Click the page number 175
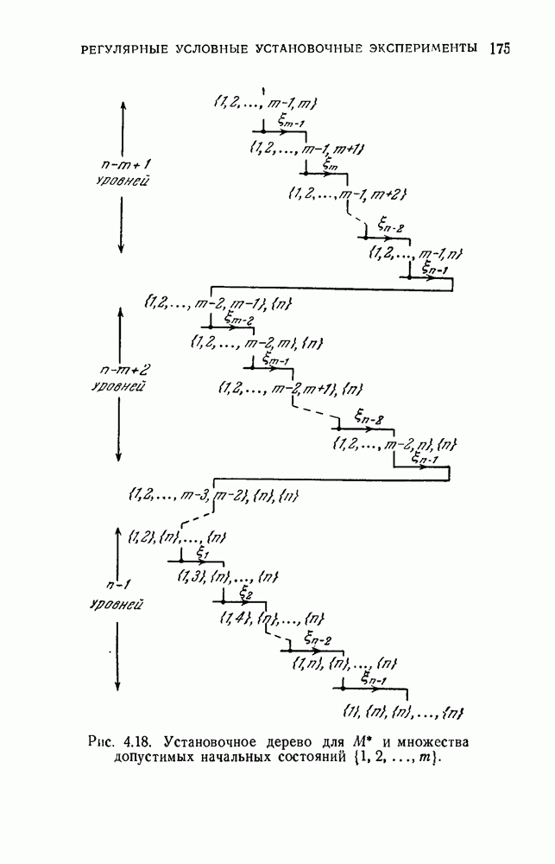point(499,48)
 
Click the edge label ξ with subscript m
point(331,162)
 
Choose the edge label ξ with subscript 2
point(244,594)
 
